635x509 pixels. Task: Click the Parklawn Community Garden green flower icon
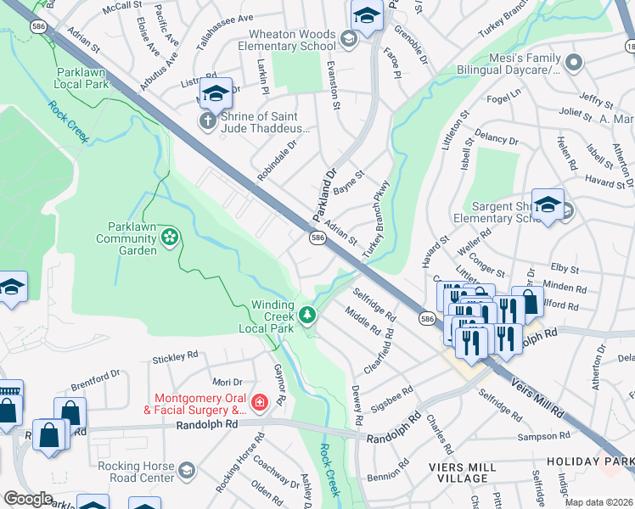pyautogui.click(x=170, y=235)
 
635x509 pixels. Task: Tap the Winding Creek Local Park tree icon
pyautogui.click(x=307, y=316)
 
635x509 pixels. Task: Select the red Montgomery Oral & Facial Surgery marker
pyautogui.click(x=260, y=402)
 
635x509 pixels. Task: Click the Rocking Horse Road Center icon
pyautogui.click(x=187, y=469)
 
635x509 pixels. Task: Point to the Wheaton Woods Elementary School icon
pyautogui.click(x=347, y=38)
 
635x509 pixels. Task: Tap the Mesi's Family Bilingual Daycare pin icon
pyautogui.click(x=574, y=62)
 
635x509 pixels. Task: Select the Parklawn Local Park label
pyautogui.click(x=83, y=79)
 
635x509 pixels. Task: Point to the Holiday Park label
pyautogui.click(x=602, y=461)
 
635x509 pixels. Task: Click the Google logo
pyautogui.click(x=28, y=499)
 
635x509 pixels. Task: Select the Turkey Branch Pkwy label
pyautogui.click(x=376, y=220)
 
